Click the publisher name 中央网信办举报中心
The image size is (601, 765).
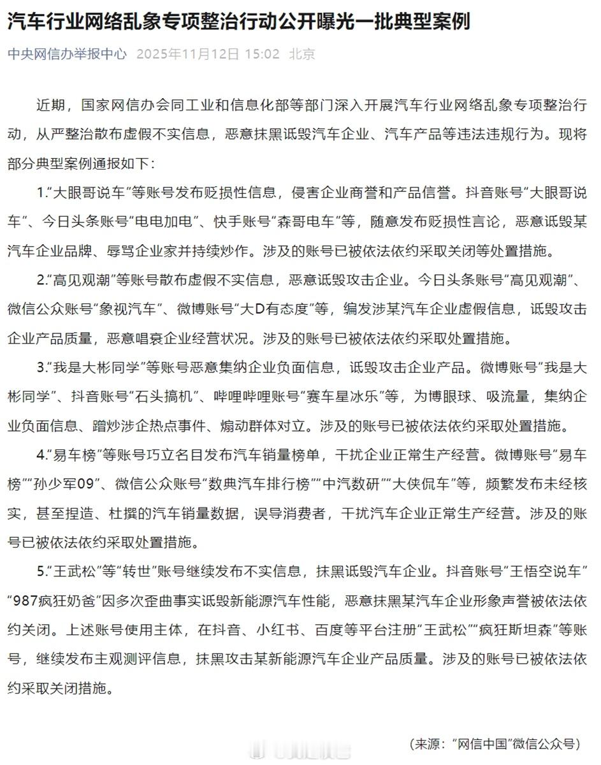(x=67, y=54)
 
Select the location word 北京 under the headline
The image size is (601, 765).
(x=302, y=54)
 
